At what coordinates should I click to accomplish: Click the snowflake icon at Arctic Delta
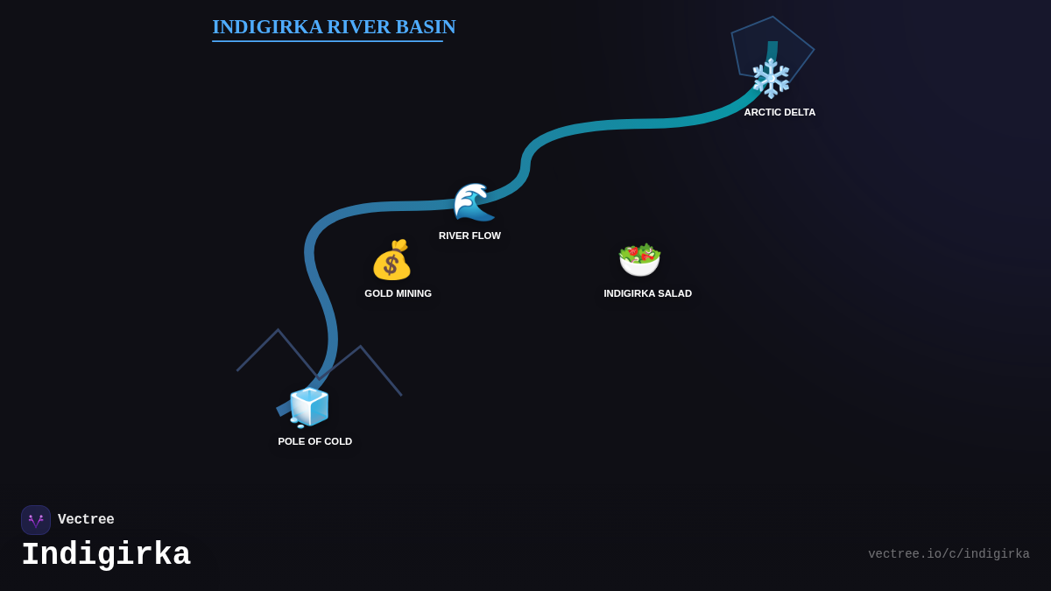coord(771,78)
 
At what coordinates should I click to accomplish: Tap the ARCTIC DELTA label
coord(779,112)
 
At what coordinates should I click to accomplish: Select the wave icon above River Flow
coord(473,202)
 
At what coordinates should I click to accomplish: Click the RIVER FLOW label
coord(469,236)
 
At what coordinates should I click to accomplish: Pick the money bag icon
coord(391,260)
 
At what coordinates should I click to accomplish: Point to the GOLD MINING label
coord(398,293)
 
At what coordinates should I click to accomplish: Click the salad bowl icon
coord(639,259)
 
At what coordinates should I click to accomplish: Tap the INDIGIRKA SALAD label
coord(647,293)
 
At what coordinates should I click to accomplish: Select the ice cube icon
coord(308,407)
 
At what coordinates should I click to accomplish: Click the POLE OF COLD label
coord(314,441)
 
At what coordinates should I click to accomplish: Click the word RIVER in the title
coord(359,27)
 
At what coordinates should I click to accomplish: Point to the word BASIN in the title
coord(426,27)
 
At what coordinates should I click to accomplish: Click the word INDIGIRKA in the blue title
coord(267,27)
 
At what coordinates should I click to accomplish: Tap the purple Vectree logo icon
coord(36,520)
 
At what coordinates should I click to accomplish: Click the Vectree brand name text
coord(86,520)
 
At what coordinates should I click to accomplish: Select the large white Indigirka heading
coord(106,555)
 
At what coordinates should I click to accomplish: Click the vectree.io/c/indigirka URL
coord(949,554)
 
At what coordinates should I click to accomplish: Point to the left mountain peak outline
coord(278,331)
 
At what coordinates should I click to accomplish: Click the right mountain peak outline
coord(360,348)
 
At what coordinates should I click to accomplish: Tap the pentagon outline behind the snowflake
coord(793,35)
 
